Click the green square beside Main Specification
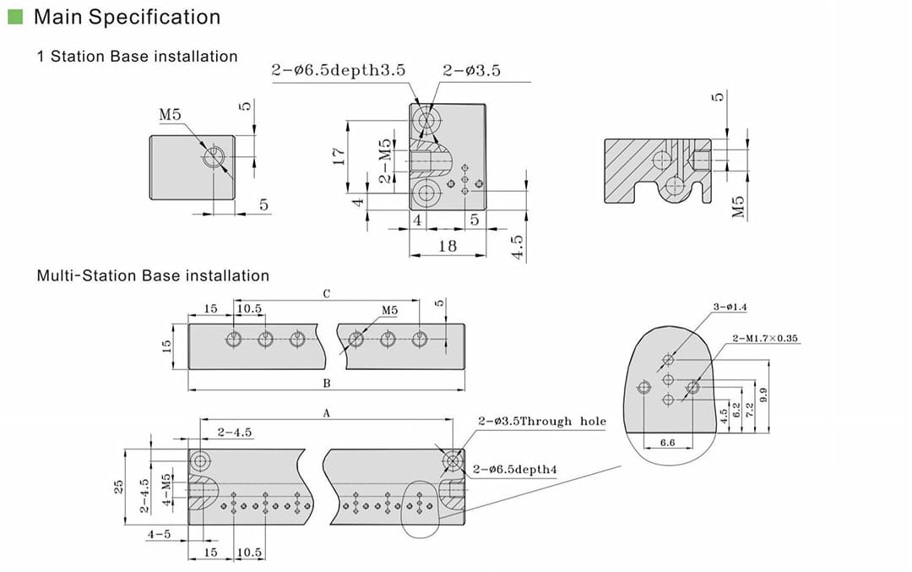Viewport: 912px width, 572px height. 14,16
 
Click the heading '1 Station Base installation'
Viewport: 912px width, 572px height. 138,57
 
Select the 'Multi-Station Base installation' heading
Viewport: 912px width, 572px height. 153,275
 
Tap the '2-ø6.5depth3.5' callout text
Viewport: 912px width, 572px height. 338,71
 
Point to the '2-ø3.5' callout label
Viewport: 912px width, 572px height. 471,71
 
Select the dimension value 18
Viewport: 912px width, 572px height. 448,245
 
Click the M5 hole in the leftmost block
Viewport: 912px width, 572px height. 214,156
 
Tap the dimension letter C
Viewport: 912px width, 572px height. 327,294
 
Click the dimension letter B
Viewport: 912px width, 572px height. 327,383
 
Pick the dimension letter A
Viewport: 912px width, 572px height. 327,413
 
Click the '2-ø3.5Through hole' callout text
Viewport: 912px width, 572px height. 541,421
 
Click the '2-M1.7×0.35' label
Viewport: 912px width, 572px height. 765,338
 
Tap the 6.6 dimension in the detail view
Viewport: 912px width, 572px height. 666,442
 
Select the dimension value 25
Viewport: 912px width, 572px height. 119,486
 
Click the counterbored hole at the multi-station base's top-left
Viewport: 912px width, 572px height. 201,461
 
